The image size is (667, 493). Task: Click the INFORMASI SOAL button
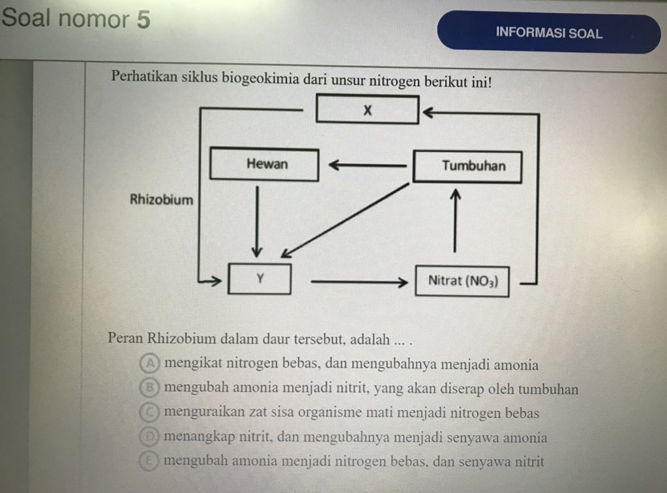coord(548,33)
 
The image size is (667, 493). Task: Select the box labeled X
coord(367,110)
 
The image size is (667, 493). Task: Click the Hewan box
coord(265,164)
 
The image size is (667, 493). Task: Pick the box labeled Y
coord(259,279)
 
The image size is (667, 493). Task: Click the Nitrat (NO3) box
coord(462,281)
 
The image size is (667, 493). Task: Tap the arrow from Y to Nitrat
coord(355,282)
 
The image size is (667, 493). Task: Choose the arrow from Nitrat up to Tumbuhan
coord(454,222)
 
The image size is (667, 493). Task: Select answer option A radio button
coord(151,363)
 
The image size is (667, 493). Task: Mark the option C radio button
coord(151,412)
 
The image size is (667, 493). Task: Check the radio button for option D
coord(151,436)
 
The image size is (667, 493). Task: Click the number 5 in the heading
coord(143,20)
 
